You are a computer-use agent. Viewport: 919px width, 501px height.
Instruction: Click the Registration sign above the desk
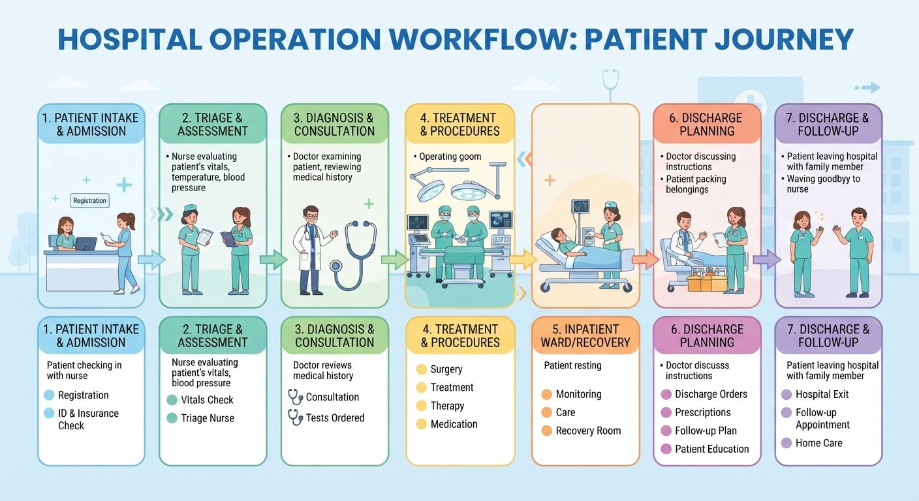tap(90, 200)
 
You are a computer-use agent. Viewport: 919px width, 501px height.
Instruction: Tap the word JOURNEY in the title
tap(784, 39)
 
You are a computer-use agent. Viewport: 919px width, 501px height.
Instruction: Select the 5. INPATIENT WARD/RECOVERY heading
tap(585, 336)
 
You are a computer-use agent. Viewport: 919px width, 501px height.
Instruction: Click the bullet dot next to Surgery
tap(422, 369)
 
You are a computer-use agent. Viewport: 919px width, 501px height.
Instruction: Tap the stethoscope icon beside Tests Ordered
tap(296, 417)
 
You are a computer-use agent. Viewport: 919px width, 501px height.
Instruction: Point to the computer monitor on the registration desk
tap(86, 244)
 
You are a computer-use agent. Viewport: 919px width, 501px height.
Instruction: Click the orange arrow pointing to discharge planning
tap(646, 259)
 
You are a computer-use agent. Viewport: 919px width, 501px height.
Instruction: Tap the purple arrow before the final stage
tap(767, 259)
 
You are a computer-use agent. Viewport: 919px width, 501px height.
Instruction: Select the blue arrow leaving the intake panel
tap(151, 259)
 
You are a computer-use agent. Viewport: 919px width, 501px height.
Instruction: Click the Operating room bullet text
tap(450, 157)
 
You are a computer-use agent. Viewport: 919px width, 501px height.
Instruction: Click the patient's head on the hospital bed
tap(558, 235)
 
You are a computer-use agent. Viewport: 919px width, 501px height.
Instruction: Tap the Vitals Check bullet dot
tap(172, 400)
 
